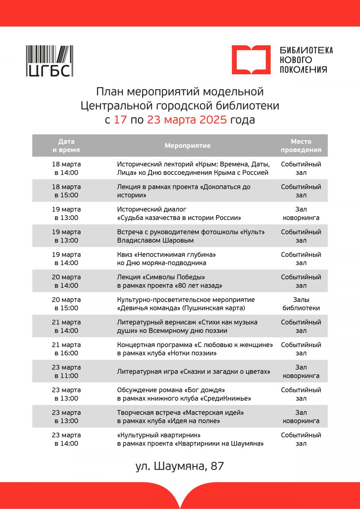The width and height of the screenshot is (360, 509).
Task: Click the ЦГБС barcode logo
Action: coord(49,61)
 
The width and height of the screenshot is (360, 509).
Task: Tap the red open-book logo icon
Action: coord(250,60)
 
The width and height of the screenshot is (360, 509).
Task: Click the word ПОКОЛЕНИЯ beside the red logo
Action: coord(303,69)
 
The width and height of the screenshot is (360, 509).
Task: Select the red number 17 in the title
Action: coord(120,120)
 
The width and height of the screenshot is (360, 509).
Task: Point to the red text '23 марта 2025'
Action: coord(187,120)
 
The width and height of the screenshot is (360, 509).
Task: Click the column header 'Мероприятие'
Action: coord(187,145)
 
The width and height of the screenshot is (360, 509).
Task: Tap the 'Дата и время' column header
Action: coord(66,145)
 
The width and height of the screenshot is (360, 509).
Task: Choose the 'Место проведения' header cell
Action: coord(301,145)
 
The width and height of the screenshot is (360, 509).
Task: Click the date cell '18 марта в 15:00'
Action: coord(66,191)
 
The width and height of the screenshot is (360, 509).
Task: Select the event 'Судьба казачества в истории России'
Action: coord(179,218)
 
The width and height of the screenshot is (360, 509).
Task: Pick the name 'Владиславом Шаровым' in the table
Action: coord(155,240)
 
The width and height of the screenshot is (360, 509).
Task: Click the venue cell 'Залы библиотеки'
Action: coord(301,304)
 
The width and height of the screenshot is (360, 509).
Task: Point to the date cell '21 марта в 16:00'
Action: coord(66,349)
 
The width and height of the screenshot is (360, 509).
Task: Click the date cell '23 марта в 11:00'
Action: coord(66,371)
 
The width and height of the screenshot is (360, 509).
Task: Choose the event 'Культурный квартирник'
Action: coord(159,435)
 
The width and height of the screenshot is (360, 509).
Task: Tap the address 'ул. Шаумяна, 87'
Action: coord(180,466)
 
